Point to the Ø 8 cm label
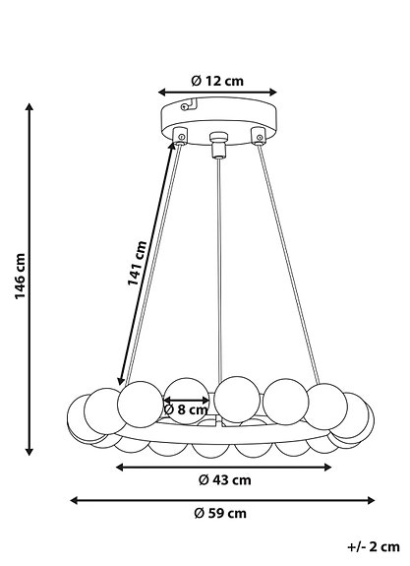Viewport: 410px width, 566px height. (186, 409)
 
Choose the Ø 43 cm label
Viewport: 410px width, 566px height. (224, 480)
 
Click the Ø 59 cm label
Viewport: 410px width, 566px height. (220, 513)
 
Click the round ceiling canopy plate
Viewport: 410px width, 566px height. (218, 117)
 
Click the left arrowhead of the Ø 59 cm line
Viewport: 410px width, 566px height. (74, 499)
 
